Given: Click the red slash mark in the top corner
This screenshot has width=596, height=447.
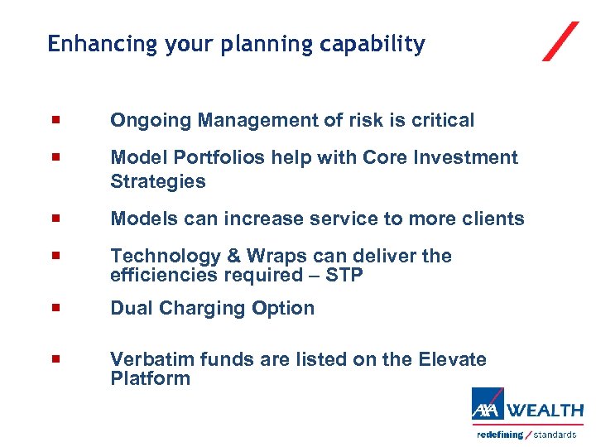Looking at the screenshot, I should [560, 41].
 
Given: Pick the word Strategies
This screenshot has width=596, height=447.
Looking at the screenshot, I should [157, 181].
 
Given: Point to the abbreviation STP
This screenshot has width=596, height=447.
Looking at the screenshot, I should [344, 276].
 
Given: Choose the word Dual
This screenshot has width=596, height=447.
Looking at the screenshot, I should [130, 308].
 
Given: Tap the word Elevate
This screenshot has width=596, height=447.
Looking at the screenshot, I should [453, 359].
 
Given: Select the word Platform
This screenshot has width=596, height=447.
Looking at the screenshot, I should [150, 379].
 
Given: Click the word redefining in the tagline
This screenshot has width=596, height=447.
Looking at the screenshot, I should [500, 435].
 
